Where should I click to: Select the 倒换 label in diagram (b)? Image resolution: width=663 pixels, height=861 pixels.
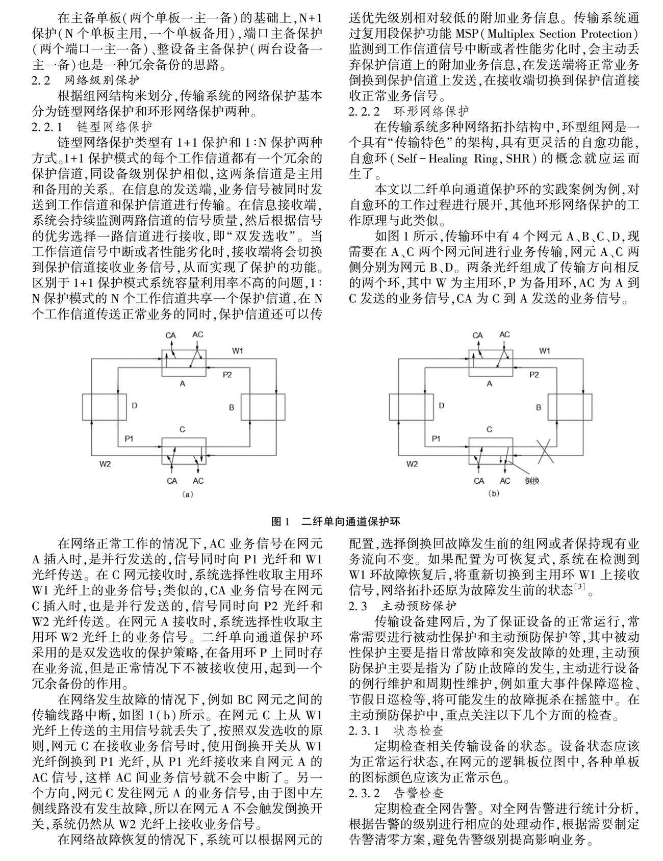point(531,481)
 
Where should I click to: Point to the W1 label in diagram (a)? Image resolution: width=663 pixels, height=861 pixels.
point(238,351)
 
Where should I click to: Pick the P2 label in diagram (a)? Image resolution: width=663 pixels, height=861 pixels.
point(227,375)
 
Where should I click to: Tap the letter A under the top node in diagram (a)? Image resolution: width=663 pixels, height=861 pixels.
point(183,383)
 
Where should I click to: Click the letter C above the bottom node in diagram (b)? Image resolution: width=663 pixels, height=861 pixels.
point(490,430)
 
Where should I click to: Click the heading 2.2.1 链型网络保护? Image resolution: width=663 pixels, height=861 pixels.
point(91,125)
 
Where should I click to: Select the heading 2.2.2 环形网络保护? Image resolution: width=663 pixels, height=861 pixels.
point(409,111)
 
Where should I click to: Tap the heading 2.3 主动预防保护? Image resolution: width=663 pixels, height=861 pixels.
point(403,606)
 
